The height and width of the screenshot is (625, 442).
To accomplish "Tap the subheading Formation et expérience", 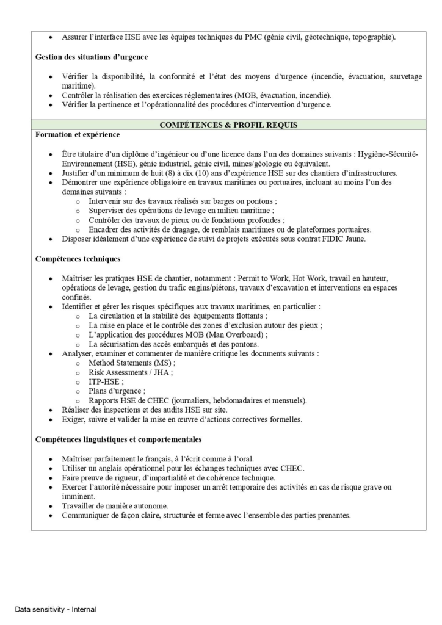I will pos(78,134).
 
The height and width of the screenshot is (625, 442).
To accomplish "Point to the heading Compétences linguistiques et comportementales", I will pos(118,439).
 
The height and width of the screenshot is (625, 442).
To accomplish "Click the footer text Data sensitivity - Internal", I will pos(56,609).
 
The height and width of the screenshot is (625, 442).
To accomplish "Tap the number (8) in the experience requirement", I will pos(167,173).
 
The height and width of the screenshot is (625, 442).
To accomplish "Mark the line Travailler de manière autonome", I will pos(115,505).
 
